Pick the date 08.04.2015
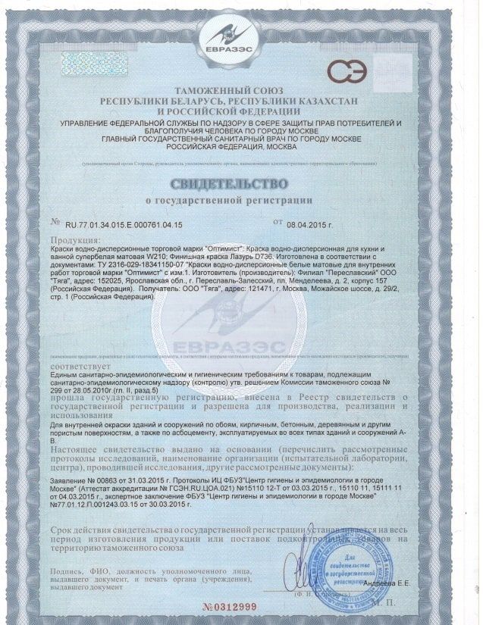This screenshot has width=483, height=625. point(310,225)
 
